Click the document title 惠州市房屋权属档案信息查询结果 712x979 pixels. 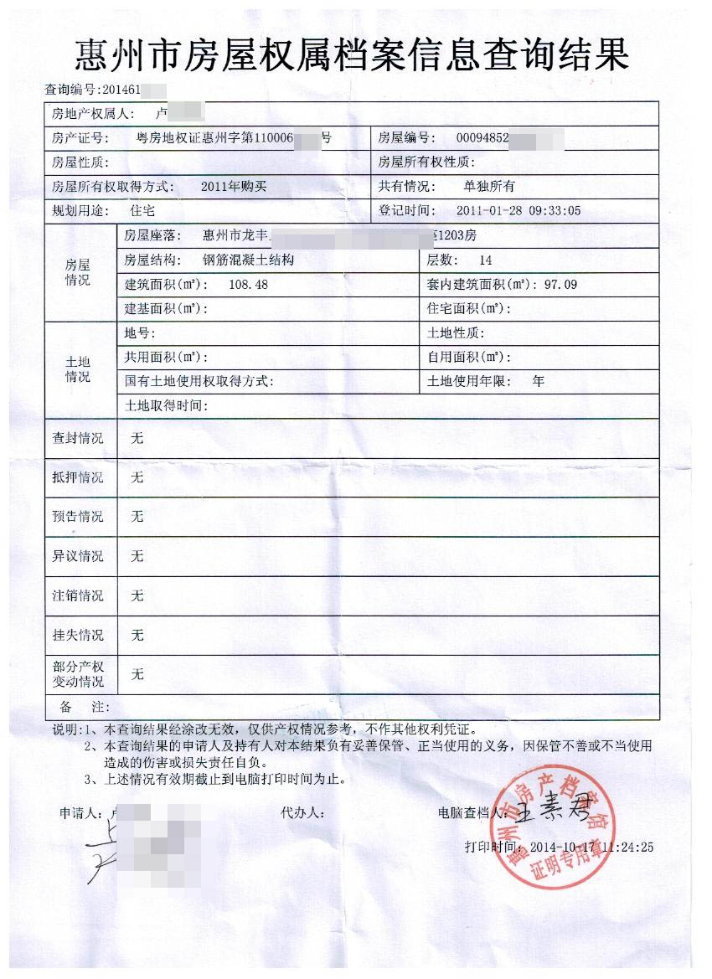point(352,55)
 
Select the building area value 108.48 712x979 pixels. point(248,285)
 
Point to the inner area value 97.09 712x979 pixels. point(560,285)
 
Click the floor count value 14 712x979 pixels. point(485,260)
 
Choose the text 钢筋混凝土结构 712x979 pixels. point(248,260)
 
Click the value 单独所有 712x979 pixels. point(489,187)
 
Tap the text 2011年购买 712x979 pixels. point(233,187)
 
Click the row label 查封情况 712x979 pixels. point(78,438)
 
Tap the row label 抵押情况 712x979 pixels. point(78,477)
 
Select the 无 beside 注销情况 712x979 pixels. point(137,595)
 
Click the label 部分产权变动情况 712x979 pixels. point(78,674)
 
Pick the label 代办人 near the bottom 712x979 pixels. point(302,812)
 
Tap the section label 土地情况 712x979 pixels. point(78,369)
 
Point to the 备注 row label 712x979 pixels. point(79,708)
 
